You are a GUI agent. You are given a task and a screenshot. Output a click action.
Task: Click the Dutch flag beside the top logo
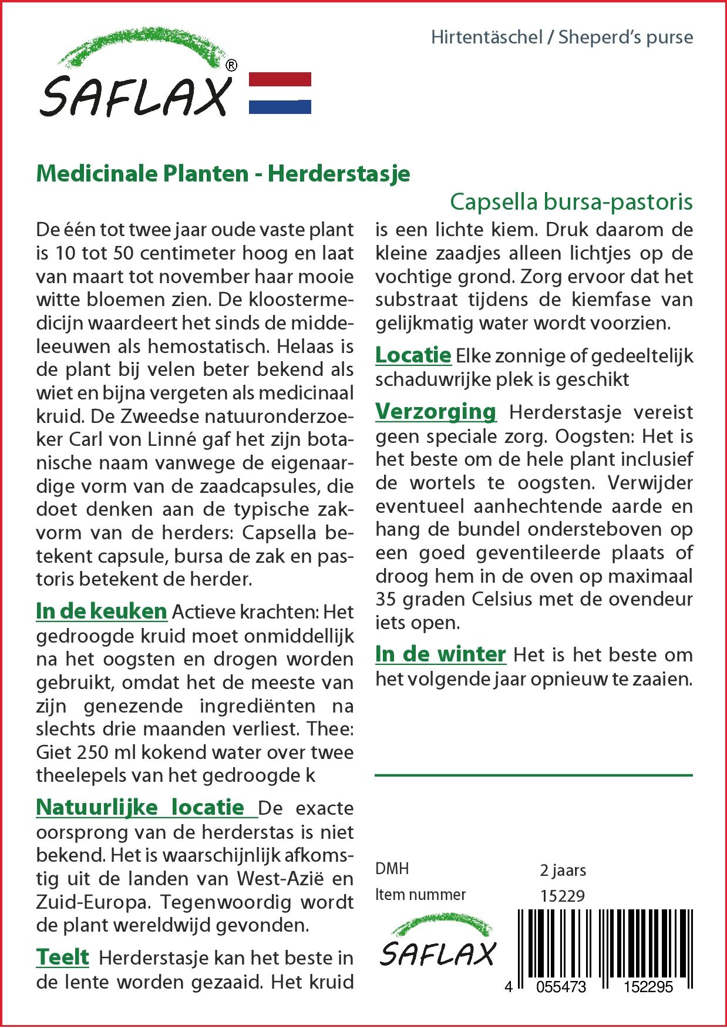[280, 93]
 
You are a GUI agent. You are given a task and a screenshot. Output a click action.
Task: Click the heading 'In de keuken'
[102, 612]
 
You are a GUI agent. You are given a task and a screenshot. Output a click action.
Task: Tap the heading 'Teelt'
[62, 957]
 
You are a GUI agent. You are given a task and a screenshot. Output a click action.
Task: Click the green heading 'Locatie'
[413, 355]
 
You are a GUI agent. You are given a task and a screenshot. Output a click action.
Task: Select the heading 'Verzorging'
[436, 411]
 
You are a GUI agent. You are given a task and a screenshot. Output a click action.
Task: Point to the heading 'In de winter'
[440, 654]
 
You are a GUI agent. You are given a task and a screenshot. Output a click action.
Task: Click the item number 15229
[562, 895]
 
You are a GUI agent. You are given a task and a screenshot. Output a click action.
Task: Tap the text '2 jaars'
[563, 869]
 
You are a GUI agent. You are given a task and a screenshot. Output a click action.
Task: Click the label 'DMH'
[392, 869]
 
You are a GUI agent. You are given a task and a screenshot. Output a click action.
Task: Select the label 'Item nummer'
[420, 895]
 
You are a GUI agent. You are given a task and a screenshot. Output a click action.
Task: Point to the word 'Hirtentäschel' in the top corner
[487, 38]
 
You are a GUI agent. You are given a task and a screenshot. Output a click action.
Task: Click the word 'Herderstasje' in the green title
[339, 174]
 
